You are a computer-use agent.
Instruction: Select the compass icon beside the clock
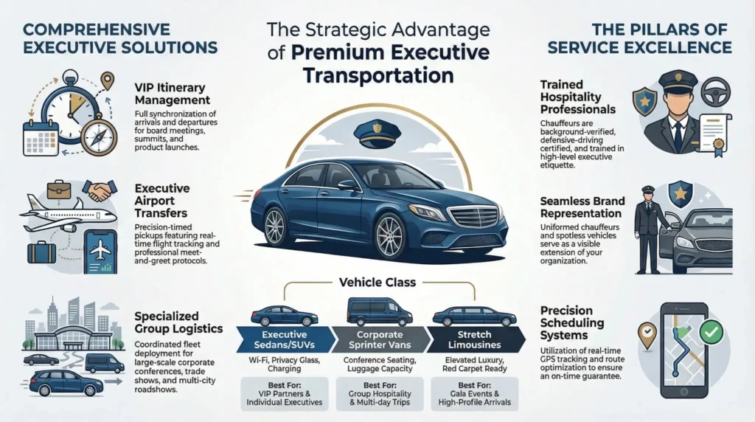pyautogui.click(x=100, y=136)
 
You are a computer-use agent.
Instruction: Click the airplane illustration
pyautogui.click(x=68, y=215)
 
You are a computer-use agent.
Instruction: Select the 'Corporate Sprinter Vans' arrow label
pyautogui.click(x=377, y=339)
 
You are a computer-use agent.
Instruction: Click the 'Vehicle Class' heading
pyautogui.click(x=376, y=281)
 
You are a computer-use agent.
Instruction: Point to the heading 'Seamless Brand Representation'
pyautogui.click(x=582, y=207)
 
